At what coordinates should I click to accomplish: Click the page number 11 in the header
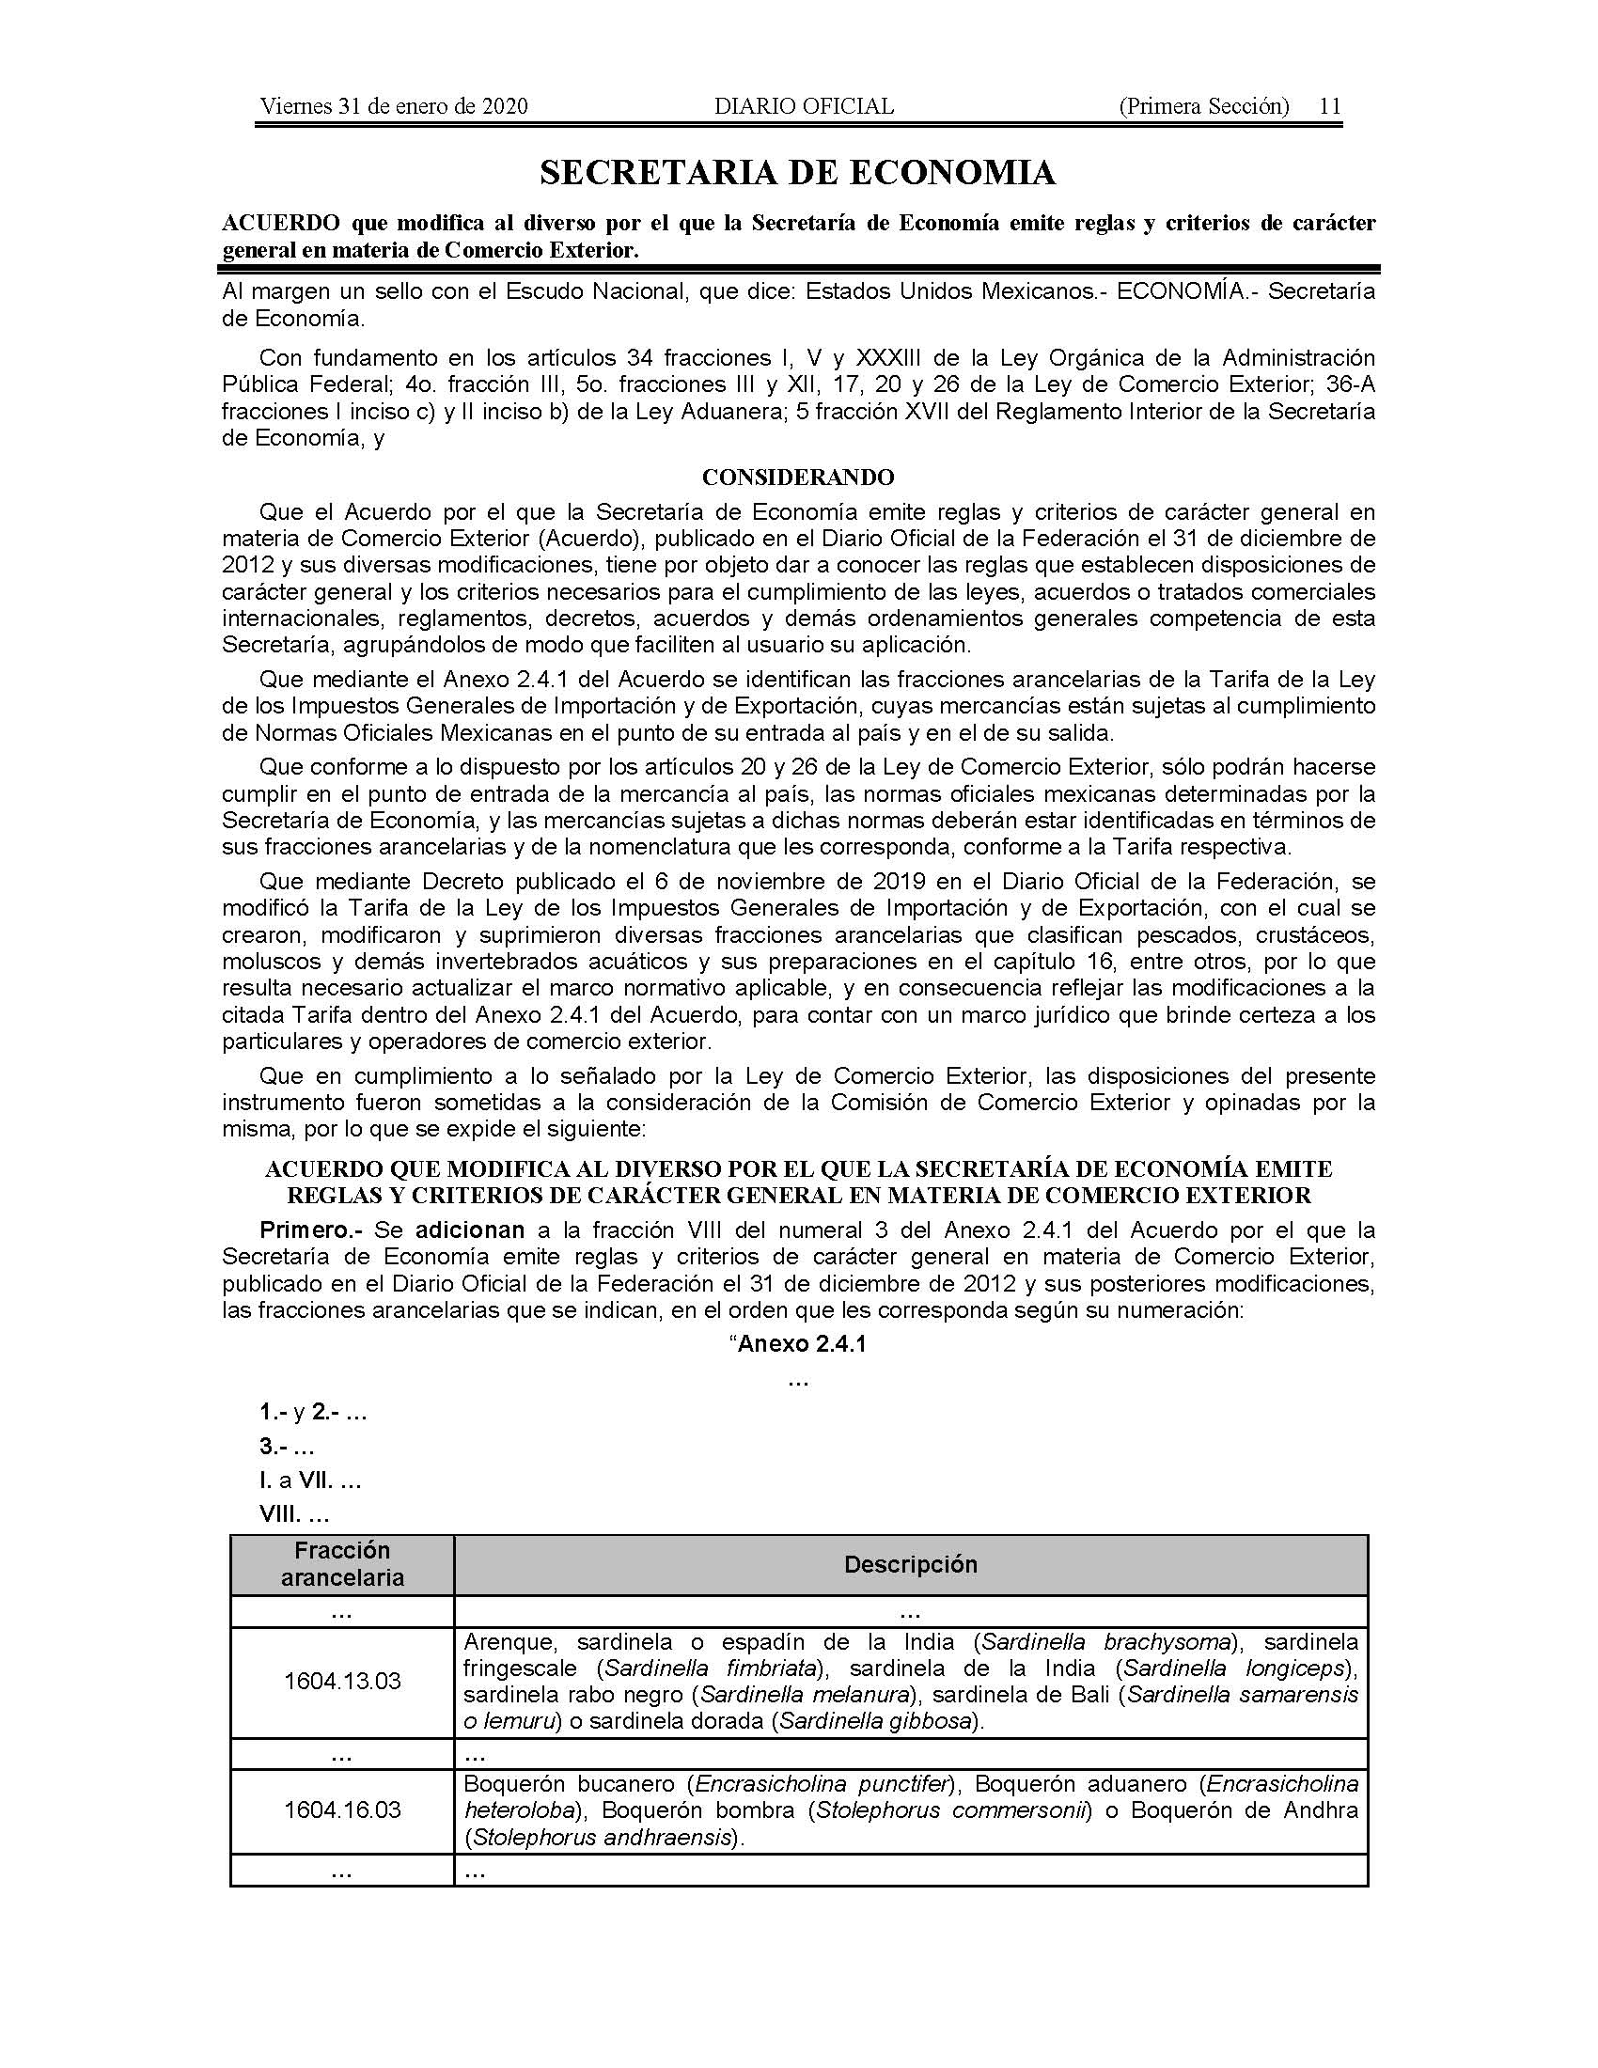(1330, 106)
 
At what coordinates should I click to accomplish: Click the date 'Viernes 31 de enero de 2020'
(394, 106)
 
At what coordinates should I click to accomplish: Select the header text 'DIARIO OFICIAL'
(804, 106)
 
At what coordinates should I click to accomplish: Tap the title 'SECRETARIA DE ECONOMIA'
(798, 172)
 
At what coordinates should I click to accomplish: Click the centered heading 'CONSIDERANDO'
(798, 477)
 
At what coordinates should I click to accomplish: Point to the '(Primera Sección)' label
(1203, 106)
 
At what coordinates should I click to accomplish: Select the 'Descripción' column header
(911, 1564)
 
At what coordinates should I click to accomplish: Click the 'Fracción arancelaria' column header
(342, 1564)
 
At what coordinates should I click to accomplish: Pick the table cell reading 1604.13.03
(342, 1682)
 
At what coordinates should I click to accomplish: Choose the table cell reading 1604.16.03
(342, 1810)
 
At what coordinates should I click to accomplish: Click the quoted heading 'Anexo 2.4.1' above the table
(801, 1344)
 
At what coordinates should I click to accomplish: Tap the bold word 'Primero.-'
(311, 1231)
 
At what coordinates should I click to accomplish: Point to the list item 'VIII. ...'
(294, 1515)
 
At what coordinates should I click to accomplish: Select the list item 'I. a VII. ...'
(310, 1480)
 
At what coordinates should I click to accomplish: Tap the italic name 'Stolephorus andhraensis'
(603, 1838)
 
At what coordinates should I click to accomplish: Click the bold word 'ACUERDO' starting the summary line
(280, 224)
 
